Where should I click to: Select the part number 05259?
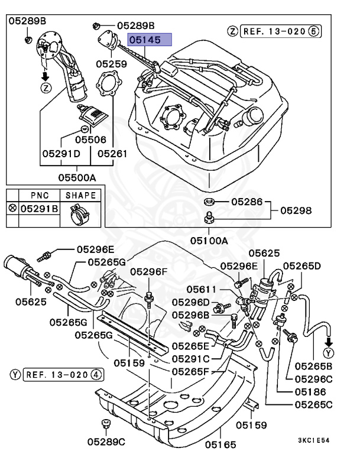(112, 62)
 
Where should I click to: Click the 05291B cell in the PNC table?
(40, 209)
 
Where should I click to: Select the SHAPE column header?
(80, 195)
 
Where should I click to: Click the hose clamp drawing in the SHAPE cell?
(80, 213)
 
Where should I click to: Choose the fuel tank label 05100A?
(209, 241)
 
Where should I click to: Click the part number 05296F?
(149, 271)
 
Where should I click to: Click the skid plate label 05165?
(220, 443)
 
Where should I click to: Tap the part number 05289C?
(106, 441)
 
